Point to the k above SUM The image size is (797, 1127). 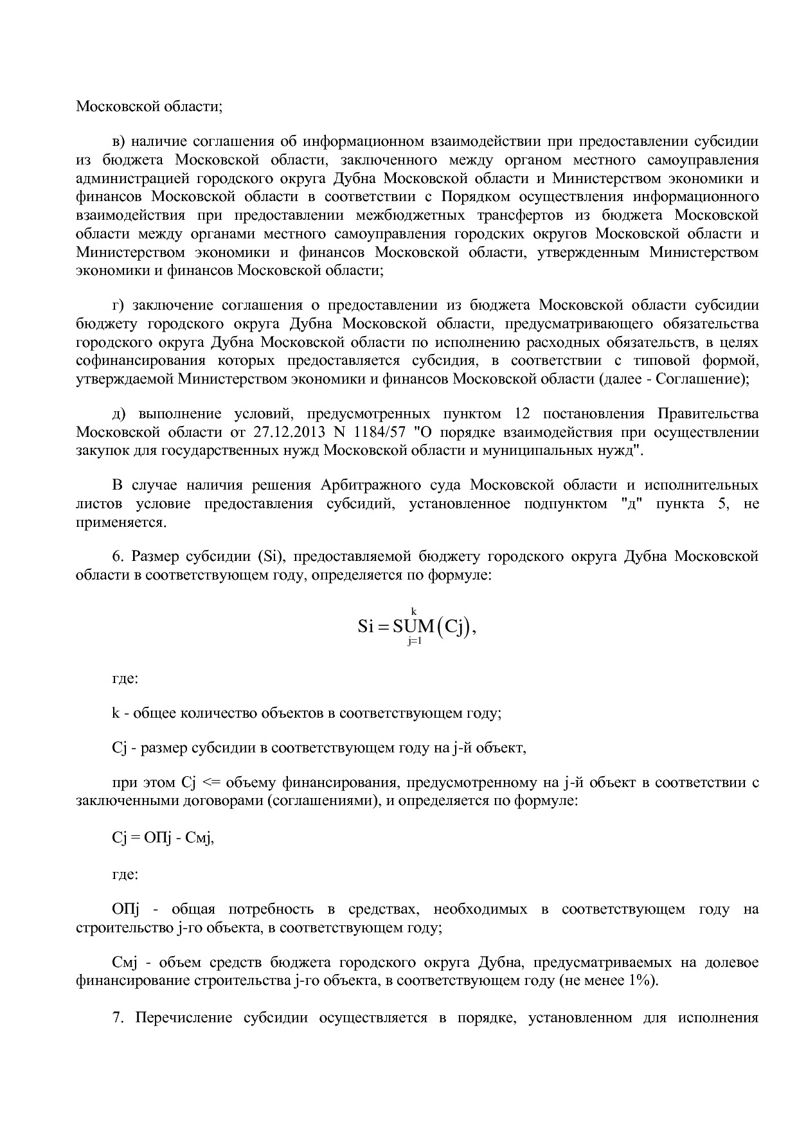click(414, 611)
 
